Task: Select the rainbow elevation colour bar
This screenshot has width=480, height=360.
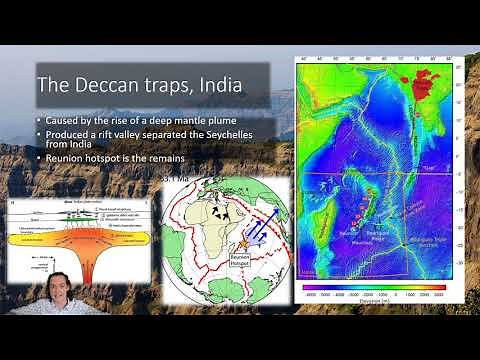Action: point(376,286)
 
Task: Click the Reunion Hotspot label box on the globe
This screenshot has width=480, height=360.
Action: point(239,259)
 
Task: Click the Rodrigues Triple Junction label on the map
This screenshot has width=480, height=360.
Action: point(426,238)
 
